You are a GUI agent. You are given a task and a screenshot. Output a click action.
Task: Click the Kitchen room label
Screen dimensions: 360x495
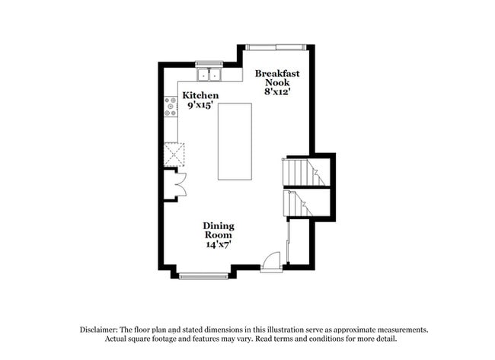[201, 95]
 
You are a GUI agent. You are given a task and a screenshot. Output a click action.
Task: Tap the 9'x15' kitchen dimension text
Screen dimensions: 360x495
[201, 105]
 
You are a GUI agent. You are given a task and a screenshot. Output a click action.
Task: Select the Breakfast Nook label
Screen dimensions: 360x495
[277, 78]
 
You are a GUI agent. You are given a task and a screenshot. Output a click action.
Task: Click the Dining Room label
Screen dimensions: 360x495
[218, 231]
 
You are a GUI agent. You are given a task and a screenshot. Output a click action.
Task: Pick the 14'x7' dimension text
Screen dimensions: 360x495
[218, 244]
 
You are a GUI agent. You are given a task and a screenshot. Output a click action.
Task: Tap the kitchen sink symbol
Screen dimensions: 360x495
[209, 75]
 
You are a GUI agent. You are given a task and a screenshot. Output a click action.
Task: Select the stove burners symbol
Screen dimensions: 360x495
[171, 106]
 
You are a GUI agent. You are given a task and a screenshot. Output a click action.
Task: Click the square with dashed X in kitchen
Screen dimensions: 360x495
[175, 155]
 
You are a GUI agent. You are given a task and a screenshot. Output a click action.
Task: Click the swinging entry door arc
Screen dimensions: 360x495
[271, 261]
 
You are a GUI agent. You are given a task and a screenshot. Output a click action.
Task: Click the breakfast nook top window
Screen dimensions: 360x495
[275, 47]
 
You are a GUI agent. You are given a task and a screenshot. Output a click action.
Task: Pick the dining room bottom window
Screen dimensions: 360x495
[203, 274]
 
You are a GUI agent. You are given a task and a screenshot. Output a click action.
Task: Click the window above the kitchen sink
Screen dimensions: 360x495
[208, 63]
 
